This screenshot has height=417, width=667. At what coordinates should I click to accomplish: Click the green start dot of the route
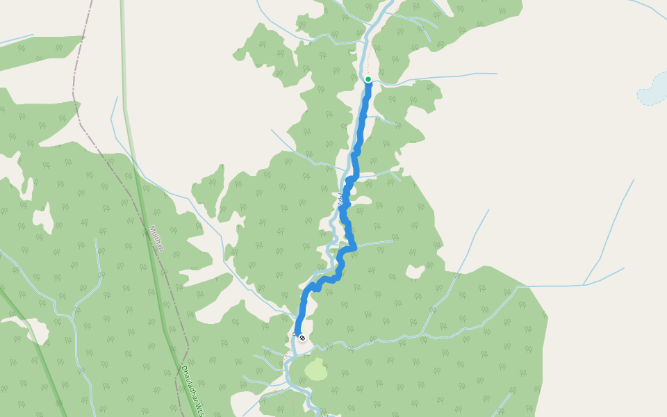coord(368,79)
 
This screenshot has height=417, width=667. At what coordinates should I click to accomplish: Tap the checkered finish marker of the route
coord(302,338)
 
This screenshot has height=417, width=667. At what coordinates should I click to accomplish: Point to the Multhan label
coord(157,238)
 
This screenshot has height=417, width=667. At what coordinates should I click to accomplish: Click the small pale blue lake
coord(653,90)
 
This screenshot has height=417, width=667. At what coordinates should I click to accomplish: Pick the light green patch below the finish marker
coord(316,369)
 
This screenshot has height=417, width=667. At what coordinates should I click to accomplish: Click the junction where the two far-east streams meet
coord(584,284)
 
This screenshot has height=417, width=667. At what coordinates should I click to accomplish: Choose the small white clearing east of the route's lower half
coord(415,271)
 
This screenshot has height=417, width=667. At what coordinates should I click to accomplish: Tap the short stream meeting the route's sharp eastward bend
coord(375,243)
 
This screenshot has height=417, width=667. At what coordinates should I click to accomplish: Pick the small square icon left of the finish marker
coord(295,337)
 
